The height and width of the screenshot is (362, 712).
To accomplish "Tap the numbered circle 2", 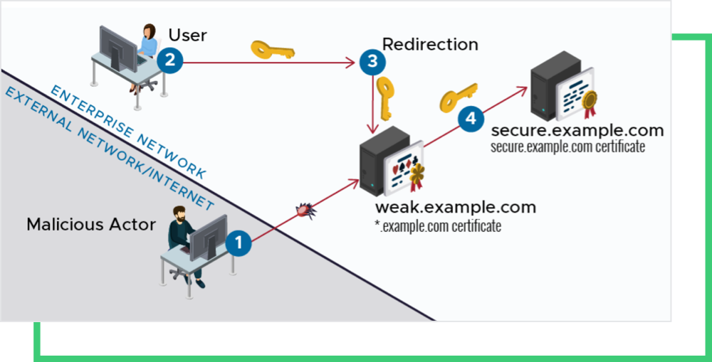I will click(170, 60).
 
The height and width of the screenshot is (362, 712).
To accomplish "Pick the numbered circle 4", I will click(469, 119).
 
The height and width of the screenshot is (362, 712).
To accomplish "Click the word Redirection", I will click(430, 44).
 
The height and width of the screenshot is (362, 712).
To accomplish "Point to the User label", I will click(187, 35).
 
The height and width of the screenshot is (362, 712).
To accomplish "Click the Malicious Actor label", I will click(91, 225).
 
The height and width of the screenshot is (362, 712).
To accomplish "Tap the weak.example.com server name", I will click(456, 208).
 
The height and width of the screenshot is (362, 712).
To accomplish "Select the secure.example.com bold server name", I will click(577, 131).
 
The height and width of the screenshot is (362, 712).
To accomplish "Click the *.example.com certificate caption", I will click(439, 227).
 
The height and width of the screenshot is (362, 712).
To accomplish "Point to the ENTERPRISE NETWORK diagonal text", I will click(129, 132).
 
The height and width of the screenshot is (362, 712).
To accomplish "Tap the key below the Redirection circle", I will click(385, 97).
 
